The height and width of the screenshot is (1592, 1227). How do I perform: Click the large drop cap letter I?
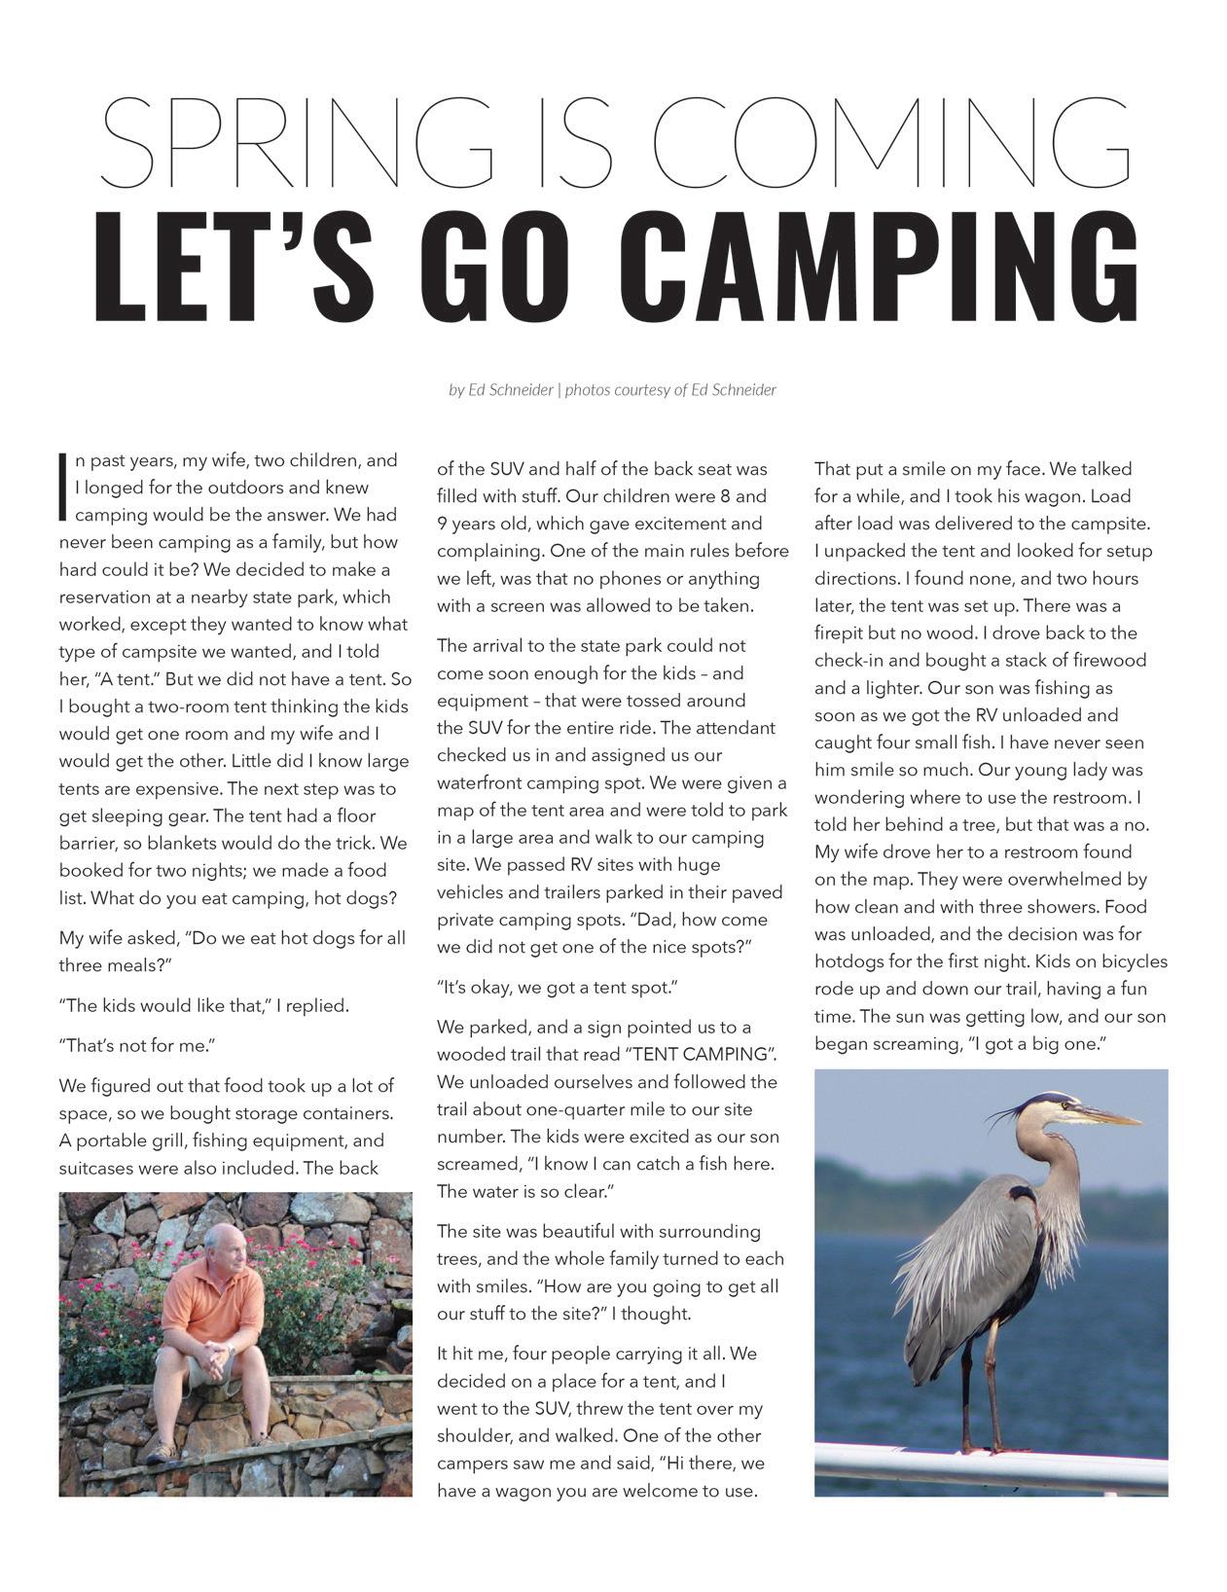[x=64, y=487]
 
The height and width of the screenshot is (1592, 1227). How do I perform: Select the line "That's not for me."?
[x=137, y=1046]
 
